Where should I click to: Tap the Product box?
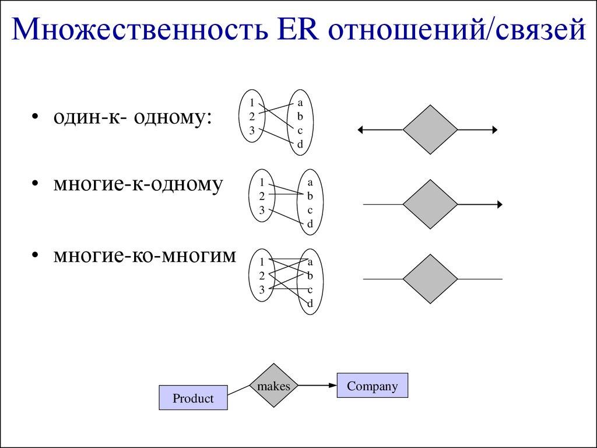pyautogui.click(x=193, y=398)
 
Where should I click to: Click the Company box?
pyautogui.click(x=372, y=386)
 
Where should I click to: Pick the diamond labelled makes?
pyautogui.click(x=274, y=386)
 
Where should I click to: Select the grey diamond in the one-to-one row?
pyautogui.click(x=430, y=129)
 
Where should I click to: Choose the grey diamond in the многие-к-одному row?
pyautogui.click(x=430, y=205)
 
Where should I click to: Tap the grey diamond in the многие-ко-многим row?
pyautogui.click(x=430, y=279)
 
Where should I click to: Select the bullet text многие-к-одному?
pyautogui.click(x=138, y=184)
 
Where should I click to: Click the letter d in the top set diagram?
pyautogui.click(x=300, y=144)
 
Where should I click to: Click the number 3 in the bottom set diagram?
pyautogui.click(x=262, y=289)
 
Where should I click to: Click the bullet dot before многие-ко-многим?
pyautogui.click(x=36, y=256)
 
